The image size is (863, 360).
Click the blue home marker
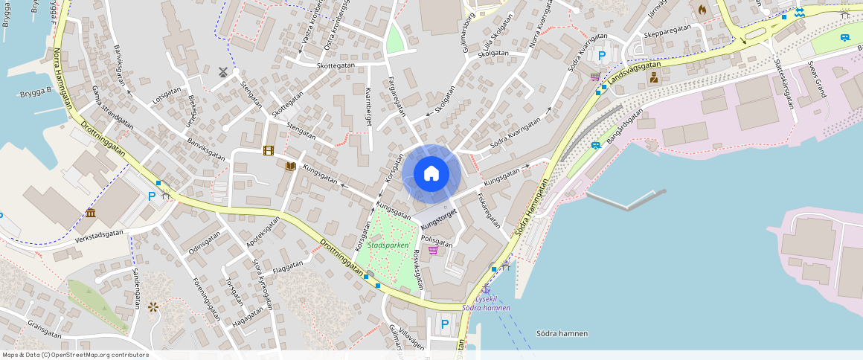coord(431,174)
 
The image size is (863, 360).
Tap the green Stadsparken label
coord(388,245)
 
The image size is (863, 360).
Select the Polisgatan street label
coord(437,241)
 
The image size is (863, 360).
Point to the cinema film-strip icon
coord(268,151)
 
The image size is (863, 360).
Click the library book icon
coord(291,166)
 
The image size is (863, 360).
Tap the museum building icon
coord(90,213)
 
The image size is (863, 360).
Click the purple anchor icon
coord(487,289)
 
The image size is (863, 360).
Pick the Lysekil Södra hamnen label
coord(487,303)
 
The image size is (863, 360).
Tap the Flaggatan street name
coord(288,266)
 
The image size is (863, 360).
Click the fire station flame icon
coord(702,10)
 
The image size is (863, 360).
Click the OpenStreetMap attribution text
coord(75,355)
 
